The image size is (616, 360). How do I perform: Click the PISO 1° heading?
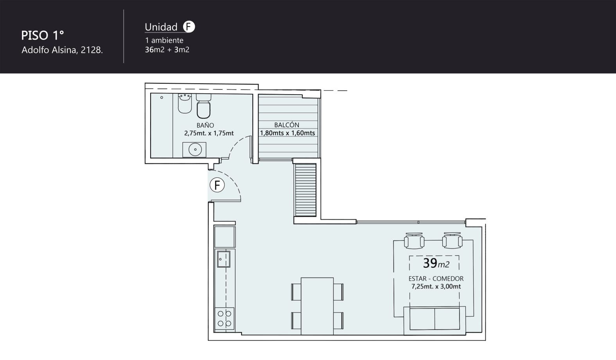tap(43, 36)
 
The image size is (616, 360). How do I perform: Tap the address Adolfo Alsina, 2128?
tap(62, 50)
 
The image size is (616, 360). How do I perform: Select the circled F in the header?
tap(189, 27)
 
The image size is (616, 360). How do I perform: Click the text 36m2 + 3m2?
tap(167, 50)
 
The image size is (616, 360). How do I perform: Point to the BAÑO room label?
tap(205, 125)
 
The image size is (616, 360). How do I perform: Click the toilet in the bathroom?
tap(204, 106)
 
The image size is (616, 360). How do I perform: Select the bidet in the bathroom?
tap(185, 103)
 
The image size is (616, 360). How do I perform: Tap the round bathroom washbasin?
tap(195, 149)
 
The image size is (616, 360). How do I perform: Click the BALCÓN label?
tap(287, 125)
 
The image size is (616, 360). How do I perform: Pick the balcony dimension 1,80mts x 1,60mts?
tap(287, 133)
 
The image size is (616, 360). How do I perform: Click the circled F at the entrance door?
tap(217, 185)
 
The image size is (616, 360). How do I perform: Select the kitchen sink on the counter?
tap(224, 259)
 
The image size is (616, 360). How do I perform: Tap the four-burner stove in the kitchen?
tap(224, 319)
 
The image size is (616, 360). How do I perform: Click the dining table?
tap(317, 306)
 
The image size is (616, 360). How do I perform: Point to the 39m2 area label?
tap(436, 263)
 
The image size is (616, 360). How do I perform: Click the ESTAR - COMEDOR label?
tap(436, 279)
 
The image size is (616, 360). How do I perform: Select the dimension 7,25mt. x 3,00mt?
tap(436, 287)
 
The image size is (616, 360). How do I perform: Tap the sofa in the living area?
tap(435, 321)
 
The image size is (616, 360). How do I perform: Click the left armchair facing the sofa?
tap(414, 241)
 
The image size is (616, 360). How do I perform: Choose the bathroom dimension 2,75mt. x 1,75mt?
tap(209, 133)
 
